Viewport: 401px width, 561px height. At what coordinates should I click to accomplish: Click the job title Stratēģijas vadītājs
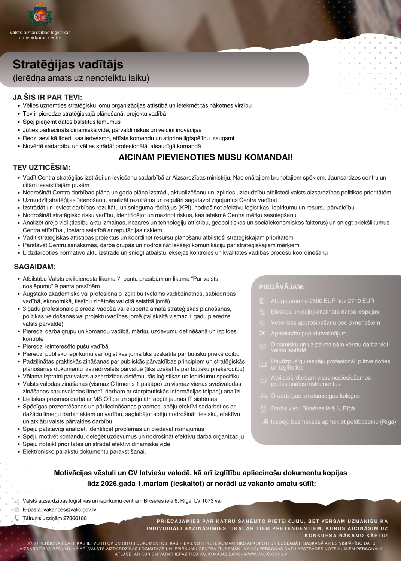pos(68,64)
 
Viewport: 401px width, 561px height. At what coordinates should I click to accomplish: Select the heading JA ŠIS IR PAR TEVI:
pos(47,97)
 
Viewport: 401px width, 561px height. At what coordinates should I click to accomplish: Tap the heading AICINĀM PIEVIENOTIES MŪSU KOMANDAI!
pos(206,157)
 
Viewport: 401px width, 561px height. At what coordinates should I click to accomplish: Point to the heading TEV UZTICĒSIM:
pos(42,168)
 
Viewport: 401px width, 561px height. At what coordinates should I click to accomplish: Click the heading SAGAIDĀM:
pos(34,267)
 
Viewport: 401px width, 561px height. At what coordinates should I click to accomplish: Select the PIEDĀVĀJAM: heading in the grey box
pos(282,287)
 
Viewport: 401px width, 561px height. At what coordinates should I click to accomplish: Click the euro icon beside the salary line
pos(262,301)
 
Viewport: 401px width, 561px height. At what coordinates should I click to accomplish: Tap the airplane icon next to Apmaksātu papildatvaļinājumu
pos(262,334)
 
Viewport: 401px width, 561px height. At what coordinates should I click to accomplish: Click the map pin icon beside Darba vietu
pos(263,409)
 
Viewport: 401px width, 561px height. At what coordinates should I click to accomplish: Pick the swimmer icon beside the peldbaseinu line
pos(264,422)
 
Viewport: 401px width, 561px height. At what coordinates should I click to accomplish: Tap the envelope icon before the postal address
pos(16,501)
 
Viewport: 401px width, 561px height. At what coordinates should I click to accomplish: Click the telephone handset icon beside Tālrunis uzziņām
pos(16,518)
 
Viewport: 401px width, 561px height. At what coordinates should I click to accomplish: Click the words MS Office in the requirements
pos(106,399)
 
